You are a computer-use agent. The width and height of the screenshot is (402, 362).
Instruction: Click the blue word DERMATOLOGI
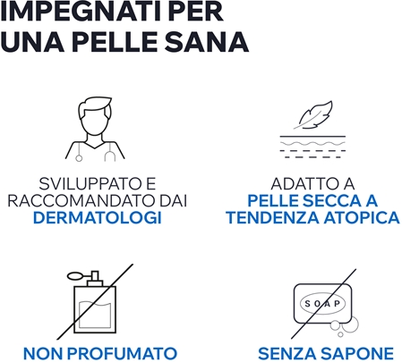(98, 218)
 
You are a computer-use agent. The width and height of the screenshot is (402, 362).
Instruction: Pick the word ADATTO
(304, 183)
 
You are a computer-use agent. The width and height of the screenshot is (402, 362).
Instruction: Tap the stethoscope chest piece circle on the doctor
(79, 158)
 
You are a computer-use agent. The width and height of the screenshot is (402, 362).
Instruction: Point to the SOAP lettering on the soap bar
(322, 304)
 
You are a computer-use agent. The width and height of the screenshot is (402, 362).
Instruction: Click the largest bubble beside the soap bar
(351, 324)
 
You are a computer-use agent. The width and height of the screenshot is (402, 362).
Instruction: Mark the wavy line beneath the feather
(312, 144)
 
